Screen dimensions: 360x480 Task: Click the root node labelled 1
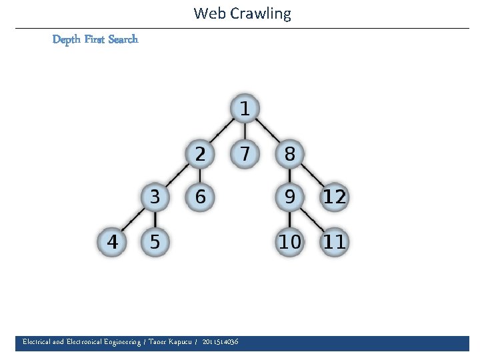pos(245,108)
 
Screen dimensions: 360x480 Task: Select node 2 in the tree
pos(199,153)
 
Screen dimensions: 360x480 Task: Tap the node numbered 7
pos(245,153)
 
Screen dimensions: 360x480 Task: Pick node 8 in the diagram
pos(289,153)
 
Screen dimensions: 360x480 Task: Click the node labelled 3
pos(155,197)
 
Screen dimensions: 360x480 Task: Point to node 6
pos(199,197)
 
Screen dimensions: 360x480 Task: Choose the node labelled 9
pos(289,197)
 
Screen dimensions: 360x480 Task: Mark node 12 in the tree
pos(334,197)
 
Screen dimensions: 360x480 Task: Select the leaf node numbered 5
pos(155,241)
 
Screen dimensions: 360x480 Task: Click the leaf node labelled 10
pos(289,241)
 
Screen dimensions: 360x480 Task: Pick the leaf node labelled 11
pos(334,241)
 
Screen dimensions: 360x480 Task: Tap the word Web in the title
pos(208,13)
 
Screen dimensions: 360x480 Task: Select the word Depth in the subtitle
pos(67,39)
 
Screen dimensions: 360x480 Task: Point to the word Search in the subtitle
pos(123,39)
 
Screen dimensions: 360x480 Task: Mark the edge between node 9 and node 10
pos(289,219)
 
